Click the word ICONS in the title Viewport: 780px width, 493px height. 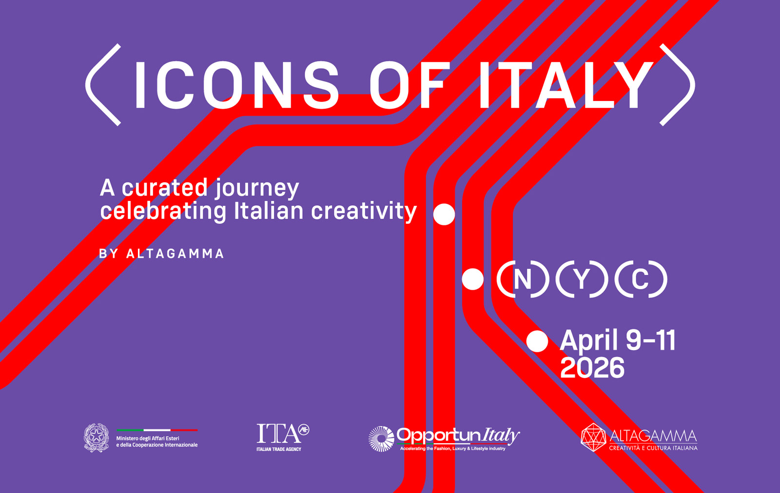point(236,85)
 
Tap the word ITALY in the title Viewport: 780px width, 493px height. point(565,85)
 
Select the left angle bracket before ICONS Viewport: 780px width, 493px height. point(102,85)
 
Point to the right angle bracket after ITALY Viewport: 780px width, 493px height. point(678,85)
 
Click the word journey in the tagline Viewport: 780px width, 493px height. point(257,188)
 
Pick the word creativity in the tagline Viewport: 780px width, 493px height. point(364,211)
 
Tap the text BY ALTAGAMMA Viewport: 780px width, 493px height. point(161,254)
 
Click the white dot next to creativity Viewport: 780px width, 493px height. point(444,214)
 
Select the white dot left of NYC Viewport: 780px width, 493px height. point(472,279)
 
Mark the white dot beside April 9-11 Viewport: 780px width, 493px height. point(537,341)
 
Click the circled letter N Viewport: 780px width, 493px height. point(523,279)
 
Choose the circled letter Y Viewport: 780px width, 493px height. point(582,279)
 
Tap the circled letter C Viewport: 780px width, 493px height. point(640,279)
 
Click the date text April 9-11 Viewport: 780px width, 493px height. point(618,340)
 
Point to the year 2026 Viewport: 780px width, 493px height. point(592,368)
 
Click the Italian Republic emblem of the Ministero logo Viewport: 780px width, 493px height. point(96,437)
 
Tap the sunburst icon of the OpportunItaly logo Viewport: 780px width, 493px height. point(381,439)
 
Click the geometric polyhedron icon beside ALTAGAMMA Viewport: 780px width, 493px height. point(593,437)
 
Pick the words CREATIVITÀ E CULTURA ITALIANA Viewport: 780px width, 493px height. point(653,448)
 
